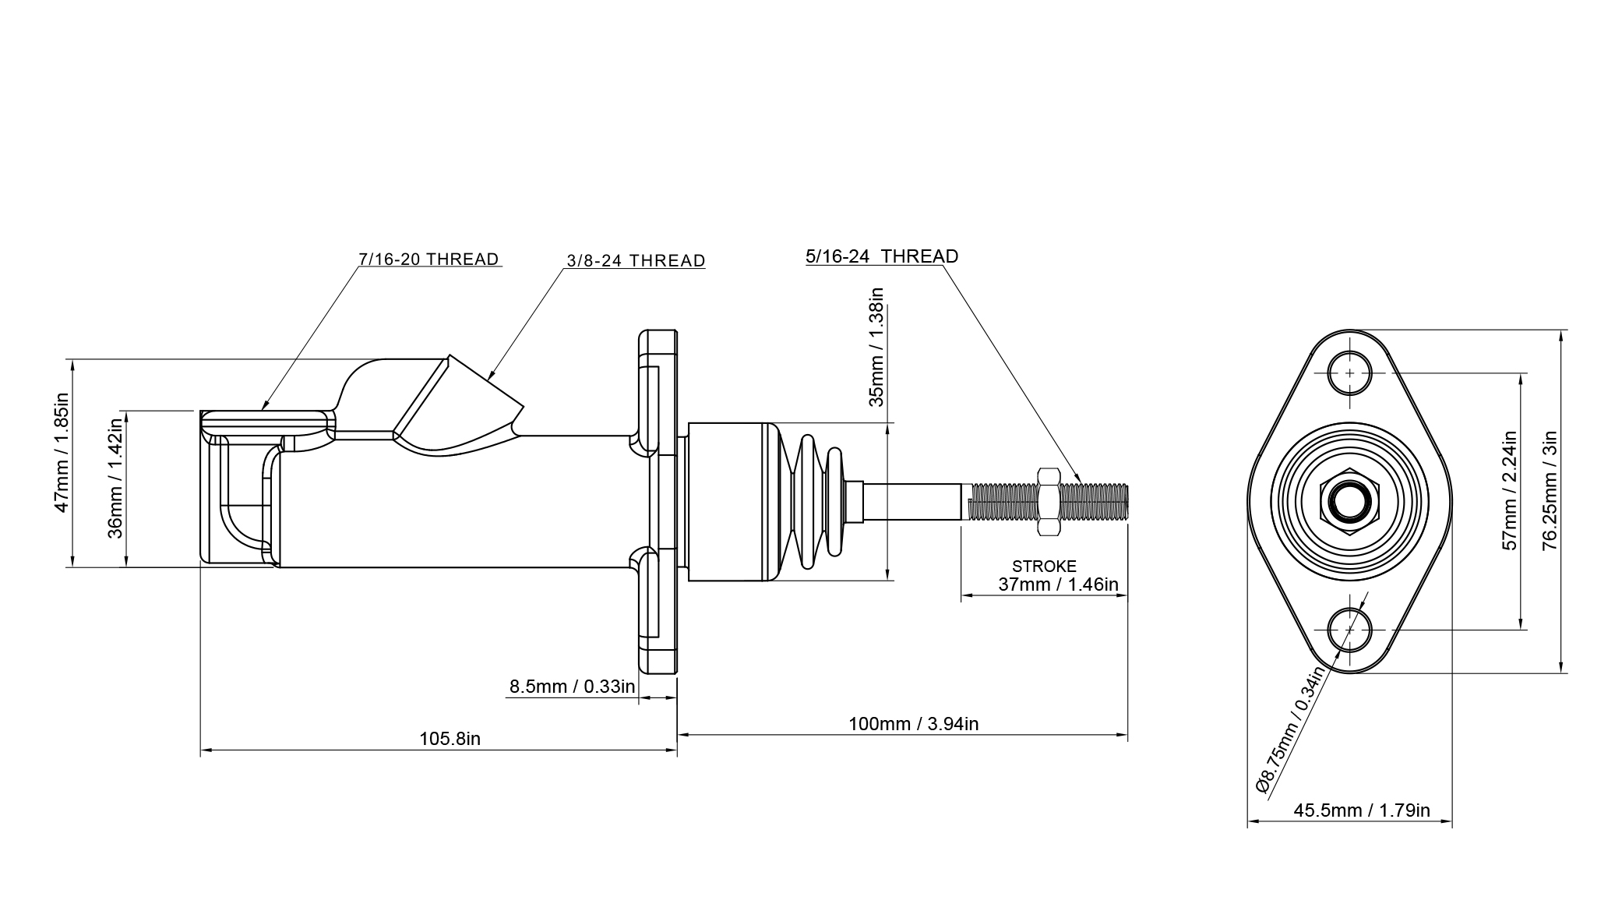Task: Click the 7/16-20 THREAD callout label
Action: pos(428,260)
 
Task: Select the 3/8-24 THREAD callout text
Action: pos(636,261)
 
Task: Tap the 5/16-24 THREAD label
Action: pos(882,256)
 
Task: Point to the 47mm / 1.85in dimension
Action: pos(62,452)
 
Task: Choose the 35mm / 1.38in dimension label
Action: pos(876,347)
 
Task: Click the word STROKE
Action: pos(1044,567)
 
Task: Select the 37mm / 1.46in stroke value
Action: pos(1058,584)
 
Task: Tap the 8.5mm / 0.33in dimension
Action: pos(572,687)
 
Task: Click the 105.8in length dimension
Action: pos(450,739)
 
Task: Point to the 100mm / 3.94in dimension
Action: pos(913,724)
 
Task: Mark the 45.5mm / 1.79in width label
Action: pos(1362,810)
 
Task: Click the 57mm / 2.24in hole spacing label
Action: pos(1510,491)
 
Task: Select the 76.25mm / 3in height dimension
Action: pos(1550,491)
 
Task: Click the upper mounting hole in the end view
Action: pos(1350,373)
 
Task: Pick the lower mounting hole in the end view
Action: pos(1350,630)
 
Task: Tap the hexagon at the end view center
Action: pos(1349,501)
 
